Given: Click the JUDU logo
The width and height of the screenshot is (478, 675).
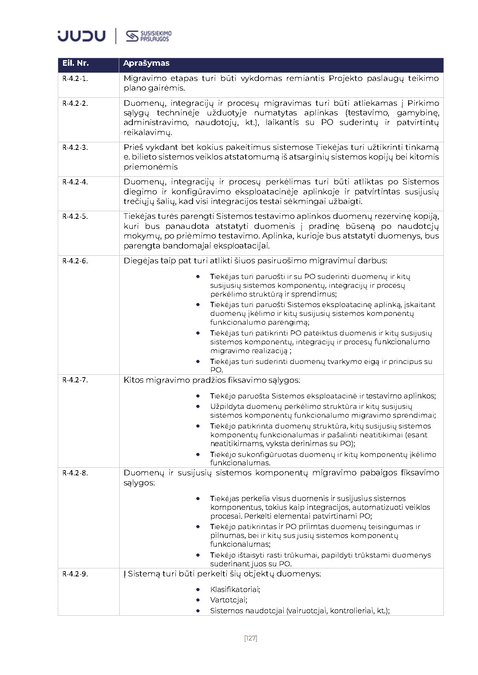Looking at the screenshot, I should tap(81, 36).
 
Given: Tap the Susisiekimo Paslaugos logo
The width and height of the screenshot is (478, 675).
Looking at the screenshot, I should tap(148, 36).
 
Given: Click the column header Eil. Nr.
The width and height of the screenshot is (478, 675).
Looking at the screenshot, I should tap(75, 63).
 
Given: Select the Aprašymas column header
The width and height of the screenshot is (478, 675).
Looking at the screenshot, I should tap(146, 63).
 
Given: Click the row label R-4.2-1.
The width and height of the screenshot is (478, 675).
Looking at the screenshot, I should tap(75, 79).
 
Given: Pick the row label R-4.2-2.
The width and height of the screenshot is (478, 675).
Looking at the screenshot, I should tap(75, 103).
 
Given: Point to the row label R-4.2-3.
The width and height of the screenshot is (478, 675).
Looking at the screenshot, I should tap(75, 148).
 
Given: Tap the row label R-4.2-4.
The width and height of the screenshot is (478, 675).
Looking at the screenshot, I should tap(75, 182).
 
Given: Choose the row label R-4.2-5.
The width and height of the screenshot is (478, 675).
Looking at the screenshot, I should tap(75, 216).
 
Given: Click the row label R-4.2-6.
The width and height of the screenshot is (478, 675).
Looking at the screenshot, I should tap(75, 261).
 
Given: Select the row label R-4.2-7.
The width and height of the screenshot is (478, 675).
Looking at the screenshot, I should tap(75, 380).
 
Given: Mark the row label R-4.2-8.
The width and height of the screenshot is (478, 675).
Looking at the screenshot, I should tap(75, 473).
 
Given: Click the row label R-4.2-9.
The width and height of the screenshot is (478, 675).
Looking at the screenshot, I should tap(75, 574).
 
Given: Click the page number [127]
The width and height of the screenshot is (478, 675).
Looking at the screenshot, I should tap(250, 638).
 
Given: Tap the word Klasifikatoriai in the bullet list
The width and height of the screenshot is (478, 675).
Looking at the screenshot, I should tap(235, 590).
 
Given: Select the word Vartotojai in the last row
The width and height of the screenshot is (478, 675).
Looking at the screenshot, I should tap(228, 600).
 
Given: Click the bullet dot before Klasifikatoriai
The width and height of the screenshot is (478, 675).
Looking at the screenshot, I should tap(198, 590).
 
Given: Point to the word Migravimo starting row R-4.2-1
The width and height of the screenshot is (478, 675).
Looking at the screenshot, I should tap(144, 79).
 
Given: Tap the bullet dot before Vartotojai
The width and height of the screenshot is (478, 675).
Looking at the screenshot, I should tap(198, 600).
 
